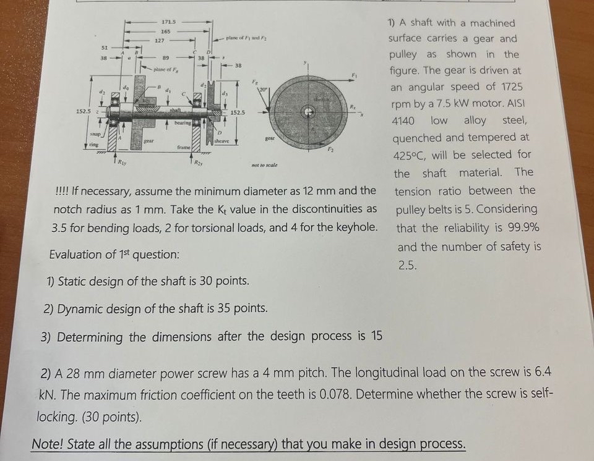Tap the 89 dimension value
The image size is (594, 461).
[x=165, y=58]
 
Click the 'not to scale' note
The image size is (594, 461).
[x=264, y=166]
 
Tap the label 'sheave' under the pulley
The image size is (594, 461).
[x=221, y=141]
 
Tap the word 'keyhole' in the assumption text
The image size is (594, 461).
[x=356, y=227]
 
